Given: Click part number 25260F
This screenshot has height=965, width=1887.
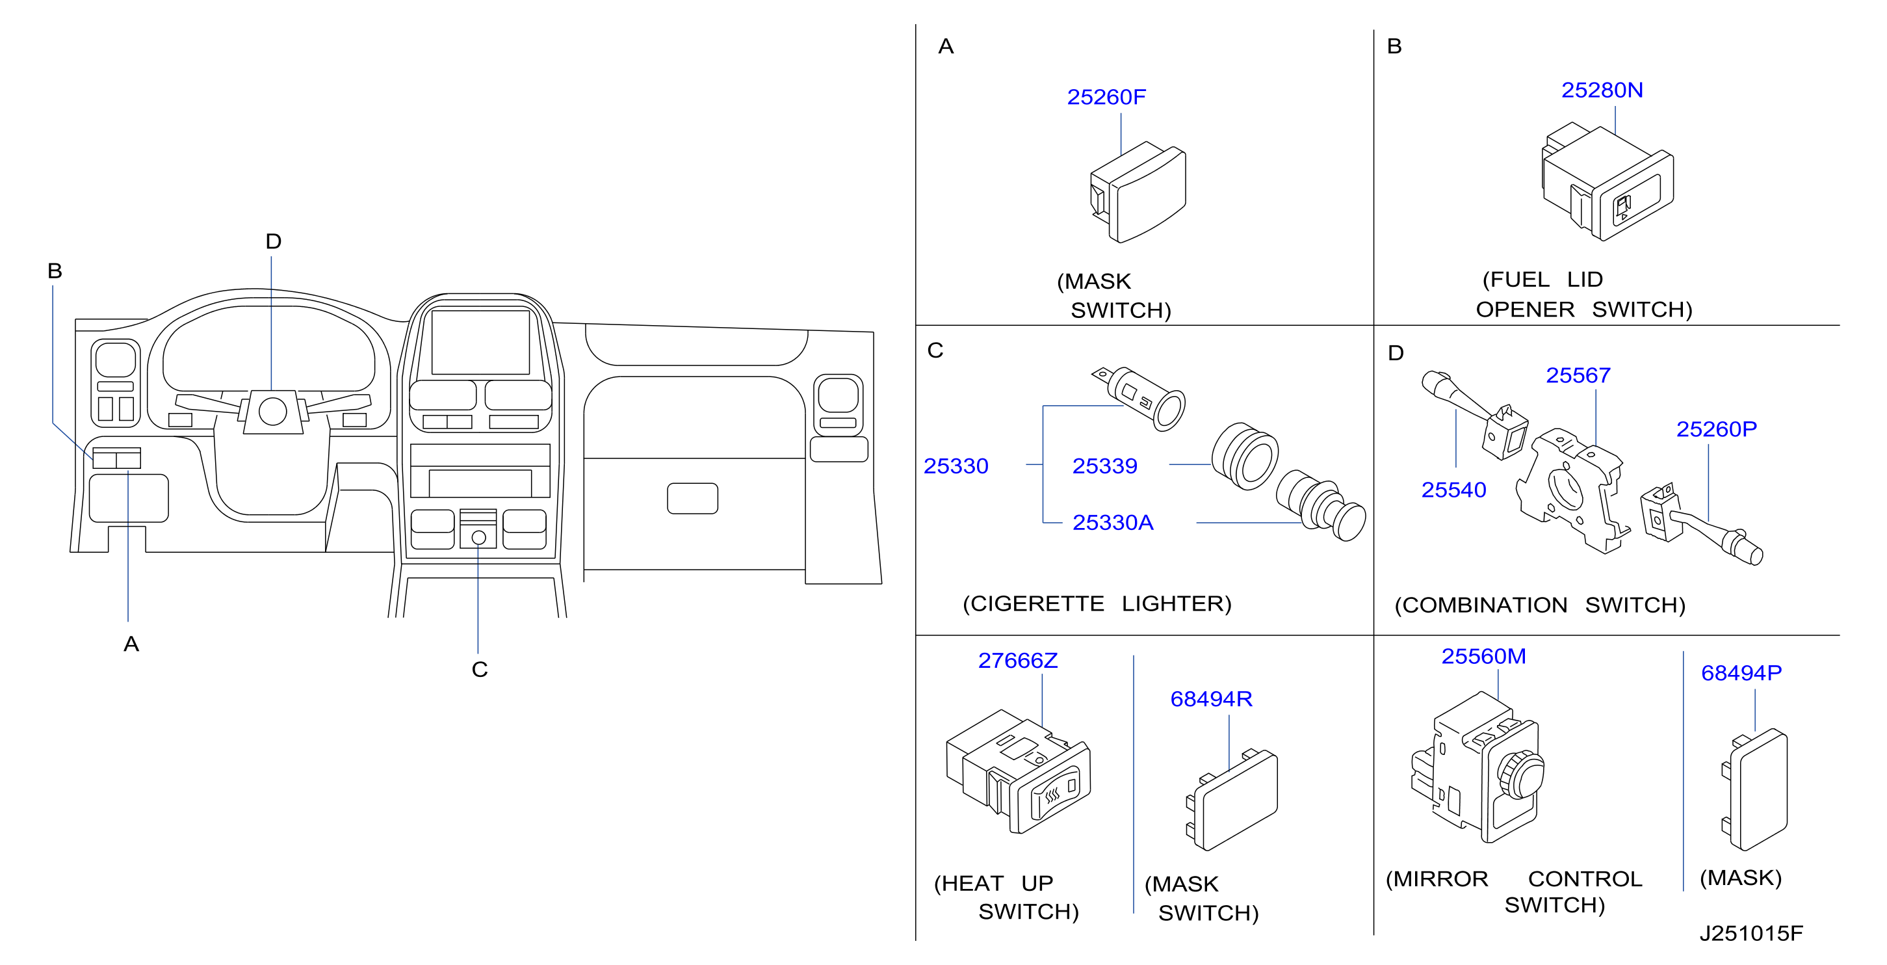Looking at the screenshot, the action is click(x=1106, y=97).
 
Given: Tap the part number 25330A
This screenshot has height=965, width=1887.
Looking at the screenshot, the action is click(x=1113, y=522).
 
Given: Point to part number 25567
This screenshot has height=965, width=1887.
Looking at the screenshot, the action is click(x=1578, y=375).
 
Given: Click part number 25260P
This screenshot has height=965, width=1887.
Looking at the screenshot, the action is click(x=1716, y=429).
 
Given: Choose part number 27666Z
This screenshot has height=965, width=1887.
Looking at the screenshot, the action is click(x=1018, y=660).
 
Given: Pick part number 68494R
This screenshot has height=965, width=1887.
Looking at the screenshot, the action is click(x=1211, y=699).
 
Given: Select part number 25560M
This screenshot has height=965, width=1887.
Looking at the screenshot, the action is click(x=1483, y=655).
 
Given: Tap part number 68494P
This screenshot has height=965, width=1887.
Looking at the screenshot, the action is click(x=1741, y=672).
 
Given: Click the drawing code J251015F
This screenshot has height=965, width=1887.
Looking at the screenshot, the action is click(x=1750, y=932).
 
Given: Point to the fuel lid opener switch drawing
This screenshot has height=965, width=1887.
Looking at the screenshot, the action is click(x=1607, y=181).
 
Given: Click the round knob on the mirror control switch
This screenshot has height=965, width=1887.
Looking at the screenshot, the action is click(x=1522, y=774).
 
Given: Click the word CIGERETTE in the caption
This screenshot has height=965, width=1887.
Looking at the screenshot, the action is click(x=1033, y=603).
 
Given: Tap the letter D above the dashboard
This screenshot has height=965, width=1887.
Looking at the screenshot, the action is click(x=273, y=241).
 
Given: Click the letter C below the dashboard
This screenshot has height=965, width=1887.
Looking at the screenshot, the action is click(x=480, y=669).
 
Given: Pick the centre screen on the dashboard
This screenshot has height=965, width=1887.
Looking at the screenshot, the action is click(x=480, y=342).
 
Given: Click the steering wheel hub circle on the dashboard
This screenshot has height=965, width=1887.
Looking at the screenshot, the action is click(x=272, y=412).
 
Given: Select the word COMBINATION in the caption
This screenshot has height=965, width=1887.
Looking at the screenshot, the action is click(x=1481, y=605).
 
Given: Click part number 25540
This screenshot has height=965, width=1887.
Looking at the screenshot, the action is click(x=1453, y=490).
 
